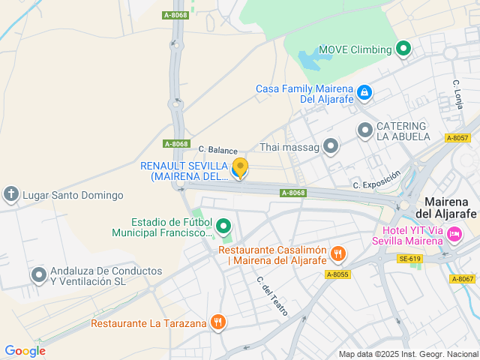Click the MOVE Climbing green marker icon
[403, 49]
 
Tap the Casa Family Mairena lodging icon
[364, 93]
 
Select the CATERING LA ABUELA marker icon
[365, 130]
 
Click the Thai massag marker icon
[331, 146]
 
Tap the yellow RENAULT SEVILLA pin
[240, 168]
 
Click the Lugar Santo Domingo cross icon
[11, 195]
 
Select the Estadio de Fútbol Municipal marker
[223, 225]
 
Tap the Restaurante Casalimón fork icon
[338, 254]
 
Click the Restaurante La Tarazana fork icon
[217, 322]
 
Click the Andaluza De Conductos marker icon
[39, 275]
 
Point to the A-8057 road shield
[457, 138]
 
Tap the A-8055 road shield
[337, 274]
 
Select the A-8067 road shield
[463, 279]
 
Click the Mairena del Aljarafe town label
[451, 208]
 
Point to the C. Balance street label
[217, 150]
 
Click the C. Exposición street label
[376, 179]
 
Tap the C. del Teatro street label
[272, 295]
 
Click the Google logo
[25, 350]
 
